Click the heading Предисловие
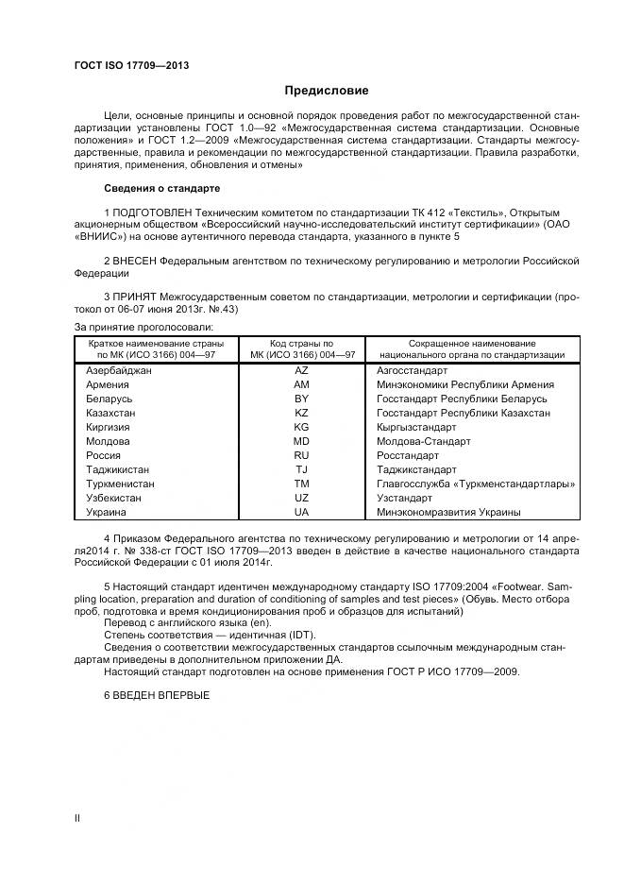(x=327, y=91)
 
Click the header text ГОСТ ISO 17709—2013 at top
(x=131, y=65)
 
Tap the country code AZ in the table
(x=301, y=371)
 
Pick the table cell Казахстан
(x=110, y=413)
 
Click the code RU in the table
(x=301, y=455)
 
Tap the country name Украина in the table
(x=106, y=512)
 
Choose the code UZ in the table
(x=301, y=498)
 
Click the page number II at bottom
(x=77, y=818)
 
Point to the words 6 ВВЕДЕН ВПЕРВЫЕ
(x=156, y=695)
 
